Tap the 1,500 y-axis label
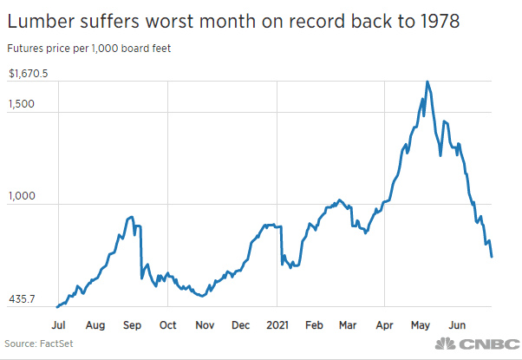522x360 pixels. [23, 104]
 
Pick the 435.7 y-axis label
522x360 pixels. [23, 299]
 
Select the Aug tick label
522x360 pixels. [95, 325]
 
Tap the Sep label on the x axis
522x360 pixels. [132, 325]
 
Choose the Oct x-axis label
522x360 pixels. [167, 325]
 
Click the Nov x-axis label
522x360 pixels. [205, 325]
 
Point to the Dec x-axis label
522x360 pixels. [240, 325]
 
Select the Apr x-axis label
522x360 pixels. [383, 325]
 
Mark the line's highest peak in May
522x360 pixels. [427, 82]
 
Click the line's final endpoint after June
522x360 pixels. [492, 257]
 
